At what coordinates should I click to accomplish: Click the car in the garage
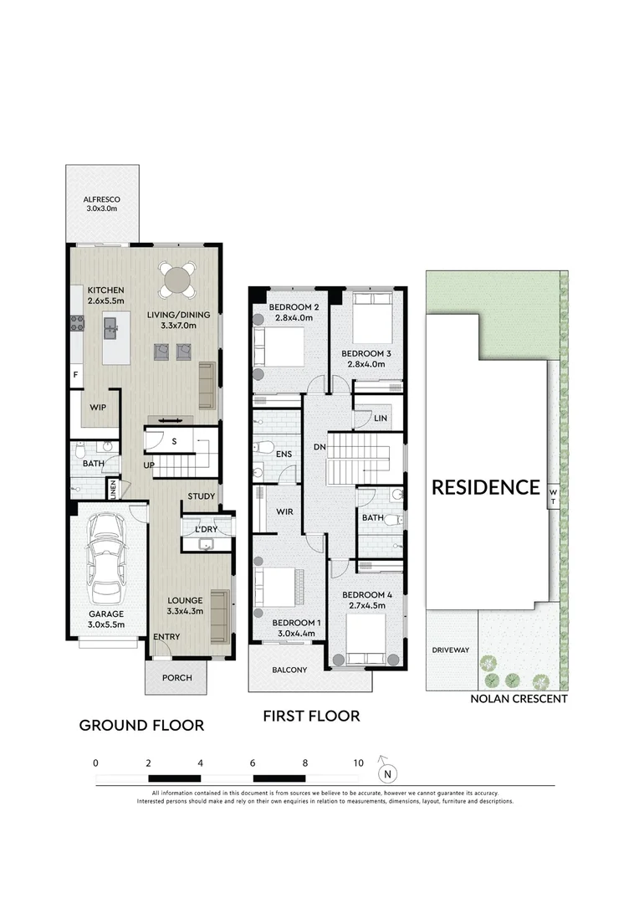pyautogui.click(x=106, y=558)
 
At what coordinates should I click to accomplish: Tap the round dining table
pyautogui.click(x=176, y=280)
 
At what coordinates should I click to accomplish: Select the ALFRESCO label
pyautogui.click(x=102, y=199)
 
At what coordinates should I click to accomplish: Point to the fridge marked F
pyautogui.click(x=75, y=375)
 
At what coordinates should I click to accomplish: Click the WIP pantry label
pyautogui.click(x=98, y=408)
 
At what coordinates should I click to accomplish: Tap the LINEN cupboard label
pyautogui.click(x=114, y=490)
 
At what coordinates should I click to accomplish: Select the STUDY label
pyautogui.click(x=201, y=496)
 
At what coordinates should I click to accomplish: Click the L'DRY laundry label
pyautogui.click(x=207, y=529)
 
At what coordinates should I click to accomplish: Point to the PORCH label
pyautogui.click(x=176, y=678)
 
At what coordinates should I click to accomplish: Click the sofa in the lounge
pyautogui.click(x=220, y=616)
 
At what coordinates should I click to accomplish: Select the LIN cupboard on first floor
pyautogui.click(x=381, y=419)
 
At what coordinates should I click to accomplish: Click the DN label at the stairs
pyautogui.click(x=319, y=447)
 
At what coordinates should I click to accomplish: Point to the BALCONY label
pyautogui.click(x=289, y=670)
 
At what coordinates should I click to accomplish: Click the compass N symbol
pyautogui.click(x=387, y=773)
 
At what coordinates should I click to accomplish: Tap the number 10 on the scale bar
pyautogui.click(x=359, y=763)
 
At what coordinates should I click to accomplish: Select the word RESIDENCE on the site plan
pyautogui.click(x=486, y=488)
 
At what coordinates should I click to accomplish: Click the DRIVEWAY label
pyautogui.click(x=451, y=650)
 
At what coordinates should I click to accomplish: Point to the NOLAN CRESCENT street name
pyautogui.click(x=519, y=699)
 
